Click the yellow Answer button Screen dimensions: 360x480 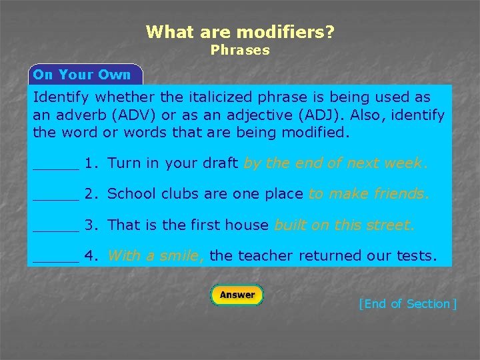(237, 295)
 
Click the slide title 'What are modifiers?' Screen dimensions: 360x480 (240, 31)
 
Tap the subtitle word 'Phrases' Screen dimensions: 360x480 (240, 50)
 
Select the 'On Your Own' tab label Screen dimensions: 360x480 (82, 75)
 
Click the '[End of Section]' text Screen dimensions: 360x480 (407, 304)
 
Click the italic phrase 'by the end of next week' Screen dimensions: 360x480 (335, 163)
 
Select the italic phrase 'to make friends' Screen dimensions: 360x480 (369, 195)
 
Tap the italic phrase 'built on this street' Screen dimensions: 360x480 (344, 225)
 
